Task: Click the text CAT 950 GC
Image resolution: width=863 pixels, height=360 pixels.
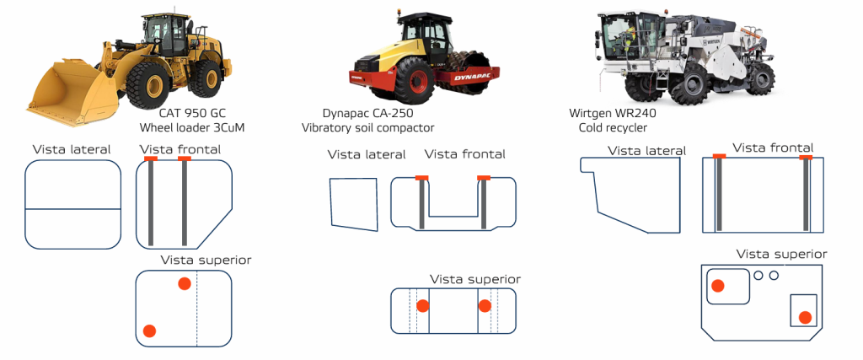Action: coord(195,113)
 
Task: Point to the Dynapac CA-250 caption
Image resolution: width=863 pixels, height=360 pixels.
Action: coord(367,113)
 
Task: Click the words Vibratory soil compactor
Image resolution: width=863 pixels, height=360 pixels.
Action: coord(367,127)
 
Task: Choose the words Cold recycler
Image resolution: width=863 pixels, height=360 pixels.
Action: coord(613,127)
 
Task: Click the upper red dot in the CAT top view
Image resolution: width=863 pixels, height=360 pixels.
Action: coord(185,283)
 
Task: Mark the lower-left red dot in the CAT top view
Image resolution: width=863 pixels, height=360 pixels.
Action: coord(150,330)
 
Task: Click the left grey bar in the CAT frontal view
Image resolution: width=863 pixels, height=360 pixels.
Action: coord(151,202)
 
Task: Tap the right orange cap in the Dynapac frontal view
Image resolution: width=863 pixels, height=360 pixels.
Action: coord(484,177)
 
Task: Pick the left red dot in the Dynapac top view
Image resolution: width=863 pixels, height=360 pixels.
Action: coord(423,306)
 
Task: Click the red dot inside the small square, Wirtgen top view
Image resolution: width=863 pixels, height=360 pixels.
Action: coord(805,317)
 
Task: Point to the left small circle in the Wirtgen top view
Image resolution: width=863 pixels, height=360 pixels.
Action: coord(758,275)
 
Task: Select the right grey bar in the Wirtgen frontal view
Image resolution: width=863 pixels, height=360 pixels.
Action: coord(807,194)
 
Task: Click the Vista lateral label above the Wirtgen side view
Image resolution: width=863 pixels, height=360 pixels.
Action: coord(646,151)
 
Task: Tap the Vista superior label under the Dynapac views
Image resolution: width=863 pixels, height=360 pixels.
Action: coord(474,279)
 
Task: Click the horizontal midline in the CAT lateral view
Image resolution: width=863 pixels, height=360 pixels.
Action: coord(73,207)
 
